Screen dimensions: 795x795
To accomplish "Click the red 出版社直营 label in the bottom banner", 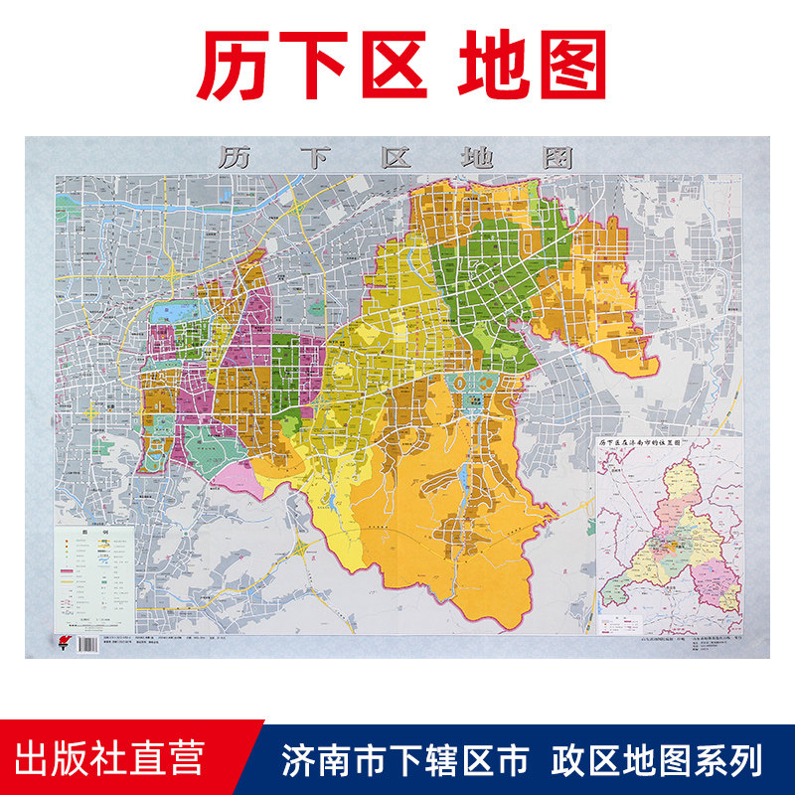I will pyautogui.click(x=116, y=758).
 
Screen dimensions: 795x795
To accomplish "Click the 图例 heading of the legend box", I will pyautogui.click(x=95, y=531).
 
